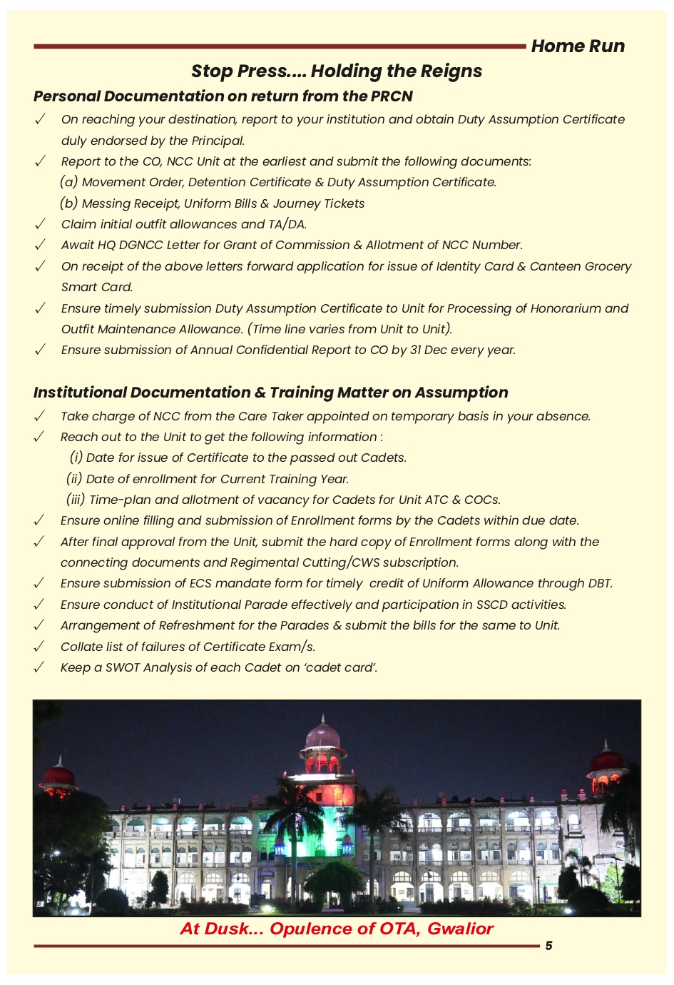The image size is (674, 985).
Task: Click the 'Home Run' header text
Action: [x=578, y=46]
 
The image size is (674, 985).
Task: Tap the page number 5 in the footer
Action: [x=548, y=946]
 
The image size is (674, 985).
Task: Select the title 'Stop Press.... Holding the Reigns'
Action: [x=337, y=71]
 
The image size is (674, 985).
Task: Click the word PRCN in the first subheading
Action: [x=392, y=96]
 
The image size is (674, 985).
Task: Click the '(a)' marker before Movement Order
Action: [x=69, y=182]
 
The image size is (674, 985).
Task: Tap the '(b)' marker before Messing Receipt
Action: [x=69, y=203]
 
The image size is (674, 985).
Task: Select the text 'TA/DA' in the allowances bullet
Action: [x=287, y=224]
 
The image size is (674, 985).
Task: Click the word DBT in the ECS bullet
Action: [x=600, y=583]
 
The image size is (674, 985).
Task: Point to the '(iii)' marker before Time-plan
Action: [x=76, y=500]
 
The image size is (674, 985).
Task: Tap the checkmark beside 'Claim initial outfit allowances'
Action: [x=41, y=224]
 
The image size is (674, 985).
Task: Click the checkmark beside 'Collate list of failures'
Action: [x=40, y=647]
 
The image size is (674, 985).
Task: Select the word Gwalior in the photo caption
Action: [x=460, y=929]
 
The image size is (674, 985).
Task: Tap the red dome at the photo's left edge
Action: [x=59, y=775]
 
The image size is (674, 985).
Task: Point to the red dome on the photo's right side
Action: [x=607, y=761]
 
